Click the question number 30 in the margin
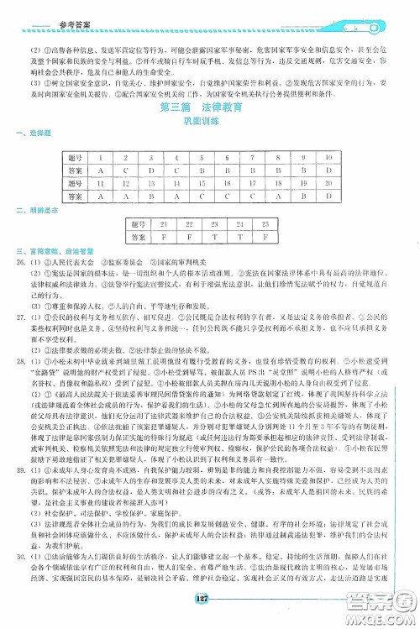coord(20,553)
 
